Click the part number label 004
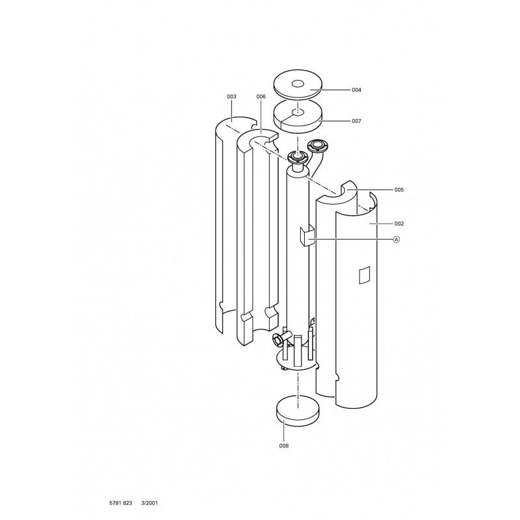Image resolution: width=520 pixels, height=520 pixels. click(x=356, y=90)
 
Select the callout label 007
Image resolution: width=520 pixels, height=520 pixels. click(x=356, y=121)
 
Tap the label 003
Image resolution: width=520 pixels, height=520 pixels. click(x=231, y=96)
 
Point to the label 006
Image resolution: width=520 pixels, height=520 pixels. click(x=261, y=96)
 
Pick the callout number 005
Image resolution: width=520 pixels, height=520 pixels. click(x=399, y=190)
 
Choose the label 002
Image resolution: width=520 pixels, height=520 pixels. click(x=399, y=224)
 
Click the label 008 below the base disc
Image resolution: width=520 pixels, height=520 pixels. click(x=284, y=446)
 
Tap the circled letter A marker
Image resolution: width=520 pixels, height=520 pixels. click(x=396, y=239)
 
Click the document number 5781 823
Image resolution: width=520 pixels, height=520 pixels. click(x=121, y=503)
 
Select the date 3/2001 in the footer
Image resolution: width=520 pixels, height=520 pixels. click(x=149, y=503)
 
